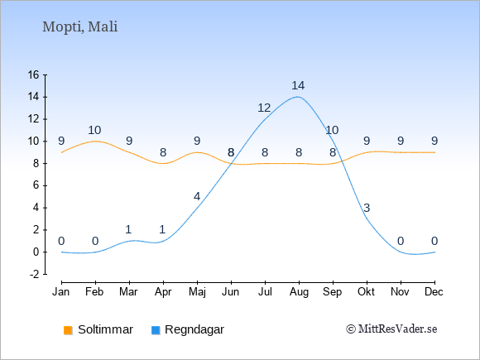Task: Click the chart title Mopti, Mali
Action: point(80,27)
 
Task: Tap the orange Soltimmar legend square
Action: point(68,330)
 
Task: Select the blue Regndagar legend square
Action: point(156,330)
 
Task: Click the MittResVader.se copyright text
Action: point(391,329)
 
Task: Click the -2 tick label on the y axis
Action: point(34,274)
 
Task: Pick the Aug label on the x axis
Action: point(299,292)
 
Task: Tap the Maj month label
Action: point(197,292)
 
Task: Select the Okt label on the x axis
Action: point(367,292)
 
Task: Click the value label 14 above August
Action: point(298,85)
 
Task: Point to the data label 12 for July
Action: point(264,108)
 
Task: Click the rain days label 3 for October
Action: point(367,208)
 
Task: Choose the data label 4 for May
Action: point(197,196)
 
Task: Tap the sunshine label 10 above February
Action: point(94,130)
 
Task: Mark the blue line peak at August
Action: point(298,97)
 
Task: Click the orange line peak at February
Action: point(95,142)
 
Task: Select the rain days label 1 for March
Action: point(128,229)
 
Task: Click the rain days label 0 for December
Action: point(434,241)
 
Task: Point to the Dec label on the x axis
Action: point(434,292)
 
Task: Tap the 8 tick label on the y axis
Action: point(36,164)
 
